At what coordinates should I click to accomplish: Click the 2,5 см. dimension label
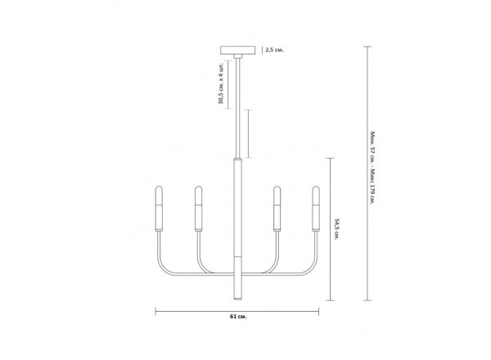pos(275,50)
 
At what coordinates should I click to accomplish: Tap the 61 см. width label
pos(238,317)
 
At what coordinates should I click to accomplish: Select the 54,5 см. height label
pos(336,229)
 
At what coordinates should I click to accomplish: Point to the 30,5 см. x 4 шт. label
pos(221,84)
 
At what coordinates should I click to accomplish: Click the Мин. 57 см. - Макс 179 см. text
pos(372,168)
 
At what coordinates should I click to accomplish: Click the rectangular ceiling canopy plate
pos(237,50)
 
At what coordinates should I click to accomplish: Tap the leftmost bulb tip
pos(159,187)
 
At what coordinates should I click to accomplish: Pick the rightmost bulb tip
pos(316,187)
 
